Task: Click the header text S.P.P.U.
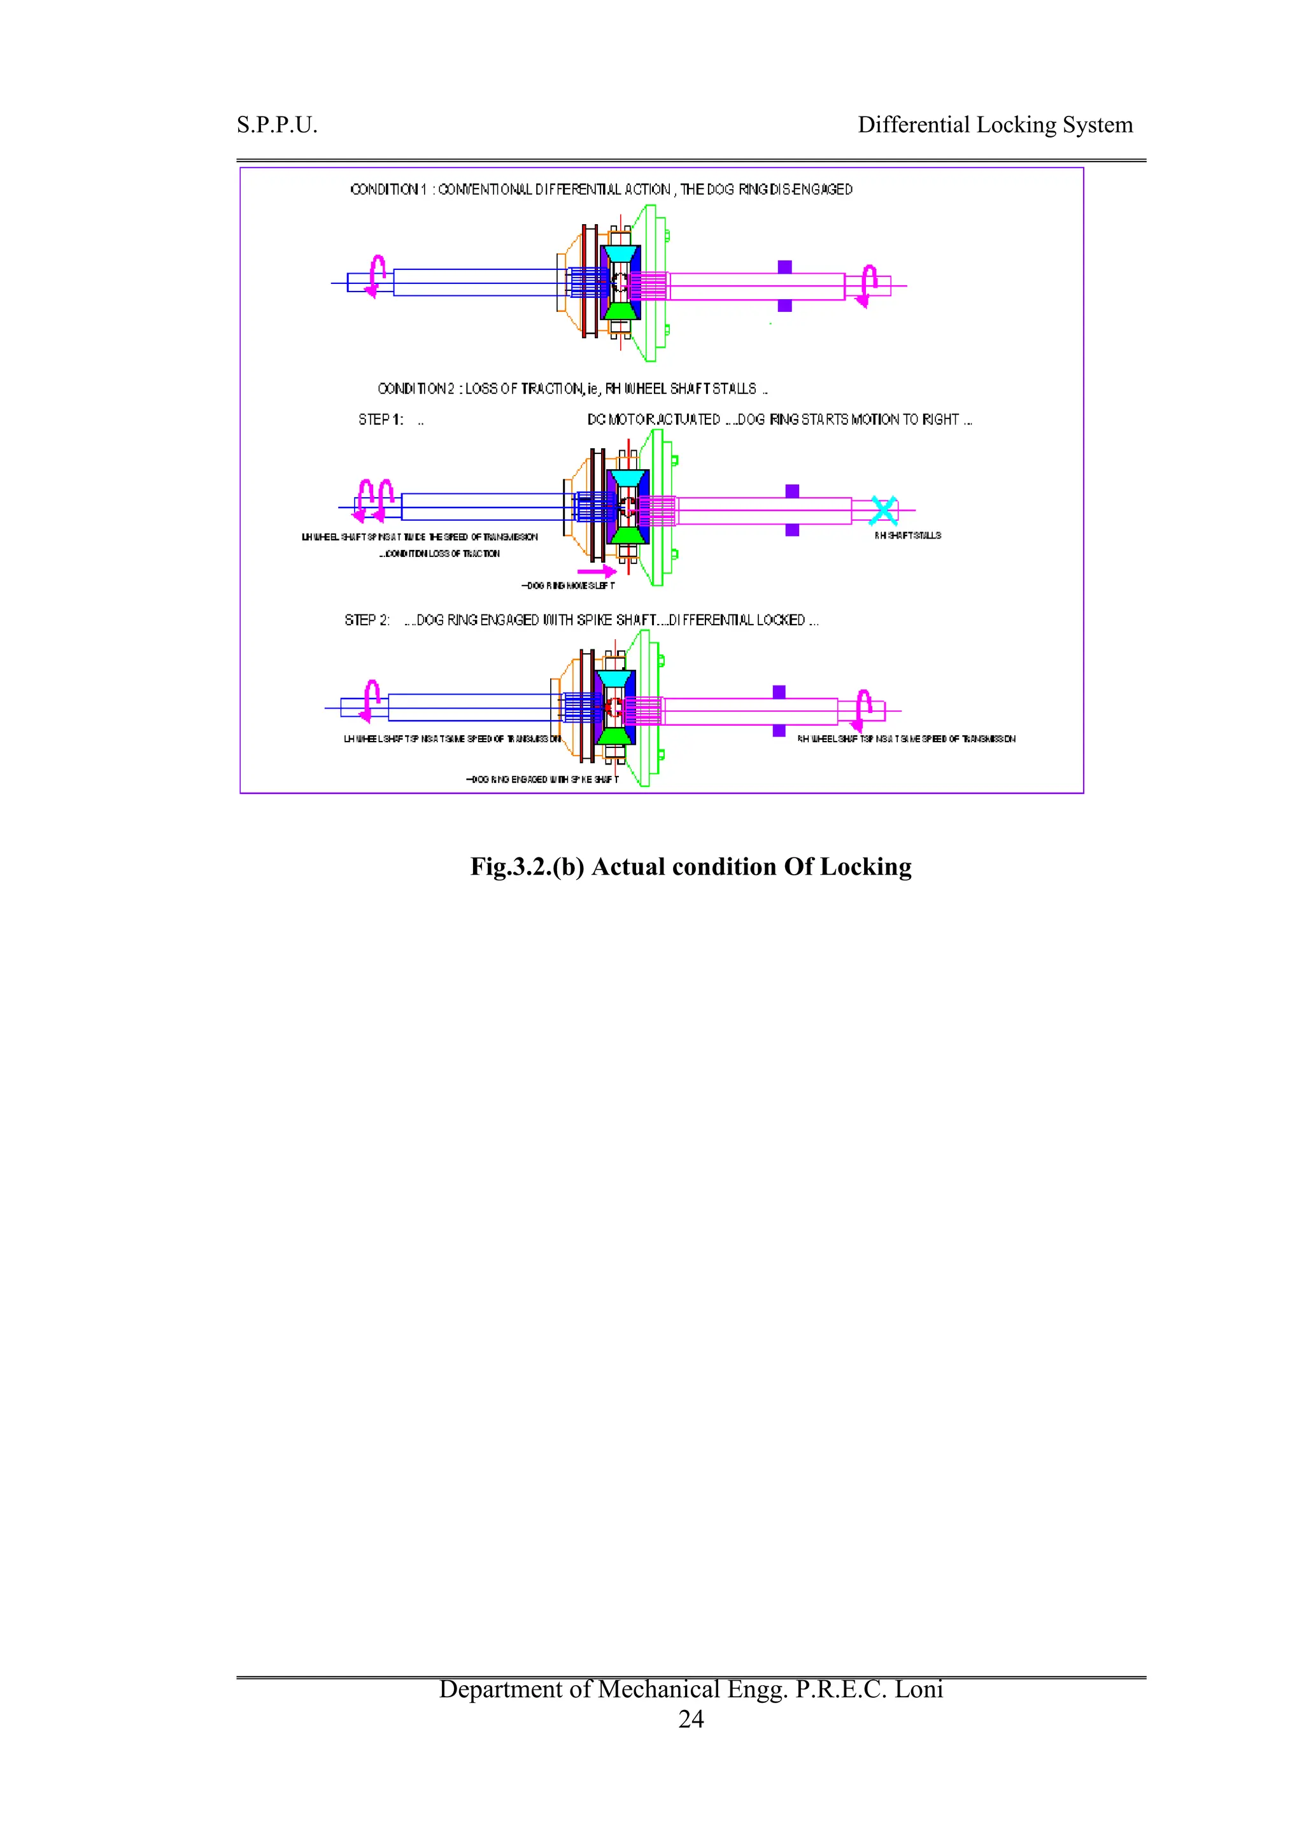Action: pos(277,125)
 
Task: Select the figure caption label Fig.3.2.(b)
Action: pos(527,867)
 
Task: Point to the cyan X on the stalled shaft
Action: pos(883,511)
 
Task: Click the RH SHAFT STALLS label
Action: pos(907,535)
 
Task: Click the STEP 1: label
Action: pos(381,420)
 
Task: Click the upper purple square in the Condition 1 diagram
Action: pos(784,267)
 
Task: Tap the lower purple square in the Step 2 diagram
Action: pos(779,730)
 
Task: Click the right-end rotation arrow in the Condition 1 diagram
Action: pos(867,286)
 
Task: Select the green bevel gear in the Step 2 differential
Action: pos(615,735)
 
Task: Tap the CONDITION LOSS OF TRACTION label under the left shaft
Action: pos(439,554)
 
